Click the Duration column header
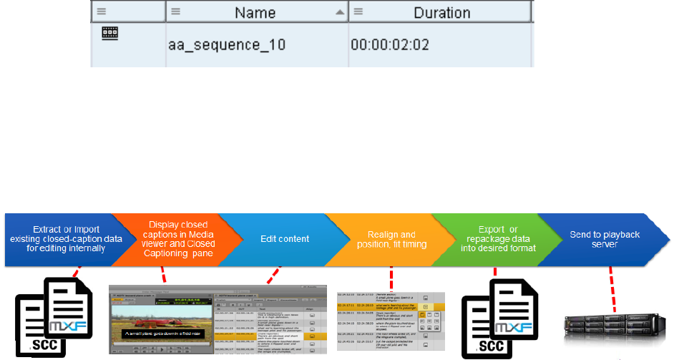[441, 13]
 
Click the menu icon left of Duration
[358, 12]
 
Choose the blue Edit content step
[284, 238]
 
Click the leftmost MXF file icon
[68, 307]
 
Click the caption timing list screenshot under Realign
[391, 321]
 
